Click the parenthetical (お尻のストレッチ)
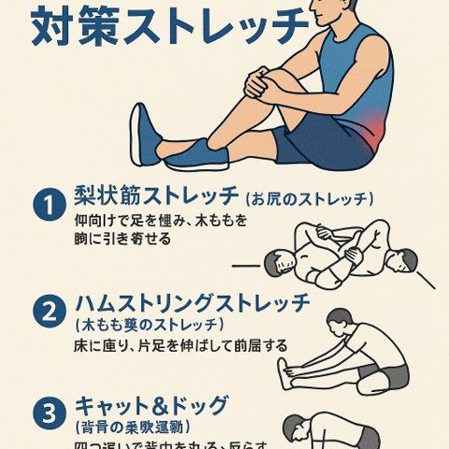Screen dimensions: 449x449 coord(310,199)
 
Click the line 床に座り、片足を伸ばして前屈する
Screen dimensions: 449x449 coord(180,345)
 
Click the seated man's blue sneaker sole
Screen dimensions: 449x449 coord(144,135)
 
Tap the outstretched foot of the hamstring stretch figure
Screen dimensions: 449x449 coord(282,373)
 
